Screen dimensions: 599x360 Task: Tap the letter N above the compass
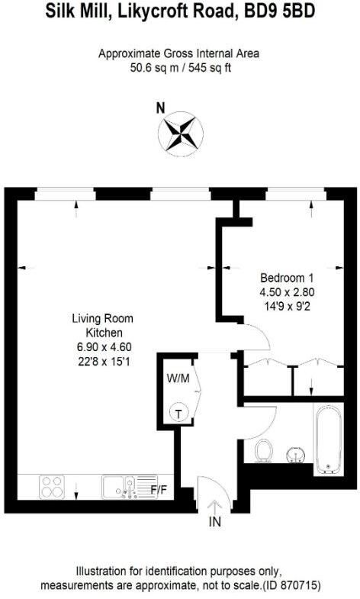[x=160, y=108]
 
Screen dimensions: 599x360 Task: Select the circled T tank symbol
[x=178, y=413]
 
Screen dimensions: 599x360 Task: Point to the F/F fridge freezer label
[x=159, y=489]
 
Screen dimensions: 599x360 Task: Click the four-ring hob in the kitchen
[x=52, y=485]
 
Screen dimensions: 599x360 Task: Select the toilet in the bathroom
[x=264, y=450]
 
